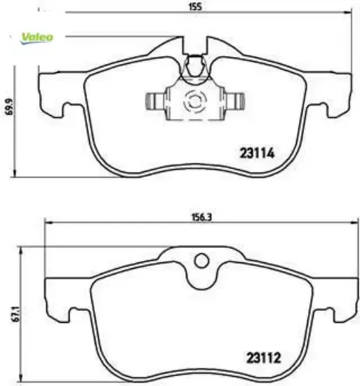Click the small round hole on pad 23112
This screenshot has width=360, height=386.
click(x=202, y=261)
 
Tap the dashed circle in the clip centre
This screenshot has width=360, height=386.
click(x=192, y=102)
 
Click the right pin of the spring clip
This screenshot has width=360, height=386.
click(x=236, y=102)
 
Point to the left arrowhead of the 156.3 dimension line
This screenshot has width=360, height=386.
click(x=48, y=223)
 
